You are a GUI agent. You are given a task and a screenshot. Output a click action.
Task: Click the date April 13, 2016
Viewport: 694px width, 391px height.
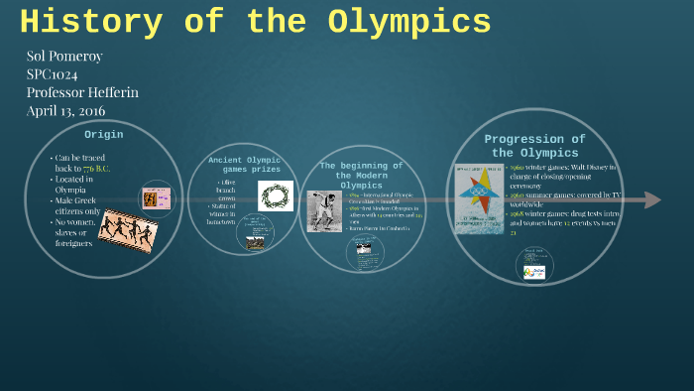coord(65,110)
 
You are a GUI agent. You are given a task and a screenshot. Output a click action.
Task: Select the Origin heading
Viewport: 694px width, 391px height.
coord(103,134)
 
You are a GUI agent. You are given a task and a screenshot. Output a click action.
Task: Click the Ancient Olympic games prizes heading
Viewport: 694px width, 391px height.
coord(244,164)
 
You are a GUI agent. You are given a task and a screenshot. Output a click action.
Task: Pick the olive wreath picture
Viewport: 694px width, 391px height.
coord(277,195)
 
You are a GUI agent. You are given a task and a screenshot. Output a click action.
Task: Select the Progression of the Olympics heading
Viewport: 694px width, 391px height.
coord(534,146)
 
